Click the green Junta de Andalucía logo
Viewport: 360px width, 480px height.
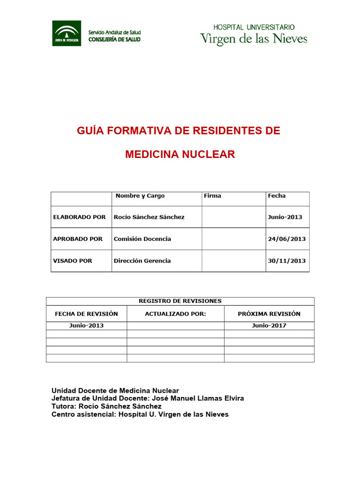pyautogui.click(x=66, y=33)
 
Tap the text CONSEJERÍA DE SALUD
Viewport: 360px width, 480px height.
pyautogui.click(x=114, y=39)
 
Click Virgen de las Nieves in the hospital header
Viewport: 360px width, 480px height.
pyautogui.click(x=254, y=38)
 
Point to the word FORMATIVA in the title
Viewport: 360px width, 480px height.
pyautogui.click(x=139, y=131)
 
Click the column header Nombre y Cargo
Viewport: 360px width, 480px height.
pyautogui.click(x=140, y=196)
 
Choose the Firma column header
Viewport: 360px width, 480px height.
pyautogui.click(x=212, y=196)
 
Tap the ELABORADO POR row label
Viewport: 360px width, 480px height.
pyautogui.click(x=79, y=217)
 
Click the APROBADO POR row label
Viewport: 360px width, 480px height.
pyautogui.click(x=78, y=239)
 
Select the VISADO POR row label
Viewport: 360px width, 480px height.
pyautogui.click(x=73, y=261)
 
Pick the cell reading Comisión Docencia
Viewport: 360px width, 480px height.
pyautogui.click(x=142, y=239)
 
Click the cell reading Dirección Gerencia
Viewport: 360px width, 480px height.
pyautogui.click(x=142, y=261)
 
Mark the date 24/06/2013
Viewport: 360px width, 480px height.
pyautogui.click(x=286, y=239)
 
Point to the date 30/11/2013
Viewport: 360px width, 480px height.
pyautogui.click(x=286, y=261)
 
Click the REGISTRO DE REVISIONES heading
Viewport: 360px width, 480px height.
pyautogui.click(x=180, y=301)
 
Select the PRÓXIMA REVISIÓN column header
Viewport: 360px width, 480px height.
pyautogui.click(x=269, y=314)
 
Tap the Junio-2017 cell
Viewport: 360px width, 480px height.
pyautogui.click(x=269, y=326)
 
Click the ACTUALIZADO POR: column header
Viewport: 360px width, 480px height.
pyautogui.click(x=175, y=314)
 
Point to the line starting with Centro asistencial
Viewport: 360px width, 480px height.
pyautogui.click(x=140, y=414)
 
